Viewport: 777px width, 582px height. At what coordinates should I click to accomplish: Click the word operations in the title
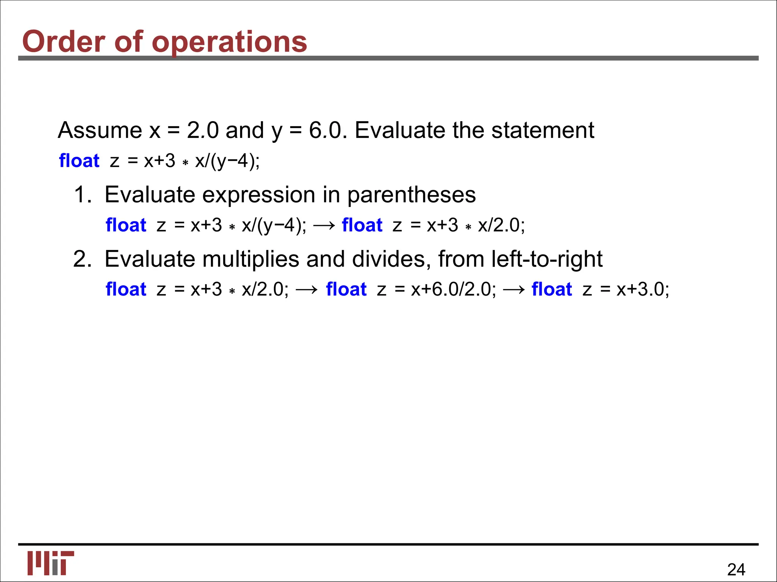point(230,42)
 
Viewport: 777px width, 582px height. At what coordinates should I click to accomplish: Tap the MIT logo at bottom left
point(50,563)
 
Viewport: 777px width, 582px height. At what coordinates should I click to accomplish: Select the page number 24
point(736,569)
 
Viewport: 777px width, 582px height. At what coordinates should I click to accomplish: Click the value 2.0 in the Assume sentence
point(203,130)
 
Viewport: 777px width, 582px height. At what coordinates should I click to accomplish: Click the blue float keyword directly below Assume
point(79,161)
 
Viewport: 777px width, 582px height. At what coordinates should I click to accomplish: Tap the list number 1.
point(82,195)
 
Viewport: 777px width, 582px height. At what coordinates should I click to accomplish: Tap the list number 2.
point(82,259)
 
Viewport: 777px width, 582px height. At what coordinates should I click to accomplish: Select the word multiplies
point(251,260)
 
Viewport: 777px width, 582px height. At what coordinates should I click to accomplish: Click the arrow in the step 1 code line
point(324,225)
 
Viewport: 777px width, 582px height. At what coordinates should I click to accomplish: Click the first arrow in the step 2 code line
point(307,290)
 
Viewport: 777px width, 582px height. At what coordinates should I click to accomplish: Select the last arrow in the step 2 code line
point(514,290)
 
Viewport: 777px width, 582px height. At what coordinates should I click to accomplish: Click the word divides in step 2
point(391,259)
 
